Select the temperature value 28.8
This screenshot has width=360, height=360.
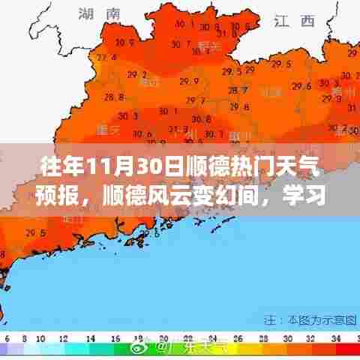tap(113, 97)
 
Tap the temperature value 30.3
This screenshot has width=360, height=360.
tap(127, 116)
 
